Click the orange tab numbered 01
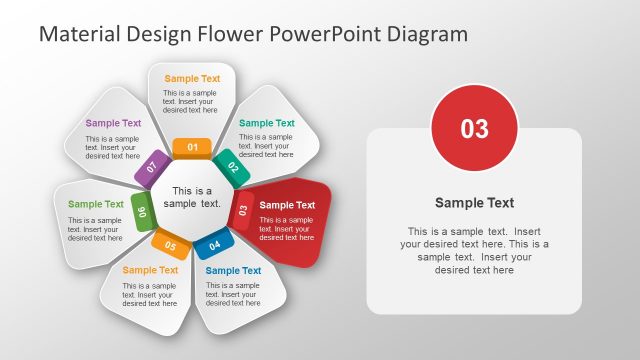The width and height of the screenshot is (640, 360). pos(192,148)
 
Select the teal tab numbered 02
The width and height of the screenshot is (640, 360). pos(227,167)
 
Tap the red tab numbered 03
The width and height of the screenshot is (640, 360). pos(243,209)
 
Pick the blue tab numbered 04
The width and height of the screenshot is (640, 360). pos(214,244)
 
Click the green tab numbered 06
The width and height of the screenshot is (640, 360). pos(142,211)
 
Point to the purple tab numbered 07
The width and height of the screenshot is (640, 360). pos(152,167)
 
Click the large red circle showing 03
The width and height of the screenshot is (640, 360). pos(474,128)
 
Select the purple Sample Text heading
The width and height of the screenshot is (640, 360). pos(113,123)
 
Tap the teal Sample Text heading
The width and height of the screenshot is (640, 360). pos(267,123)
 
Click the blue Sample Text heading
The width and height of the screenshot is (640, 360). pos(233,270)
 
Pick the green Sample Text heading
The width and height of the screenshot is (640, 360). pos(96,204)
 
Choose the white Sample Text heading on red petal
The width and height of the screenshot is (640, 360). pos(288,205)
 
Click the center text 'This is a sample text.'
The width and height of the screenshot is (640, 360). pos(192,197)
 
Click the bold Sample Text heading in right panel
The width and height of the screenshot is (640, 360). pos(474,202)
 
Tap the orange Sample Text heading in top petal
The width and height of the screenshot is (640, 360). pos(192,78)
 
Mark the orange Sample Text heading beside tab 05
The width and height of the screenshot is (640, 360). pos(150,270)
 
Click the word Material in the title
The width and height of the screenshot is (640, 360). pos(80,34)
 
